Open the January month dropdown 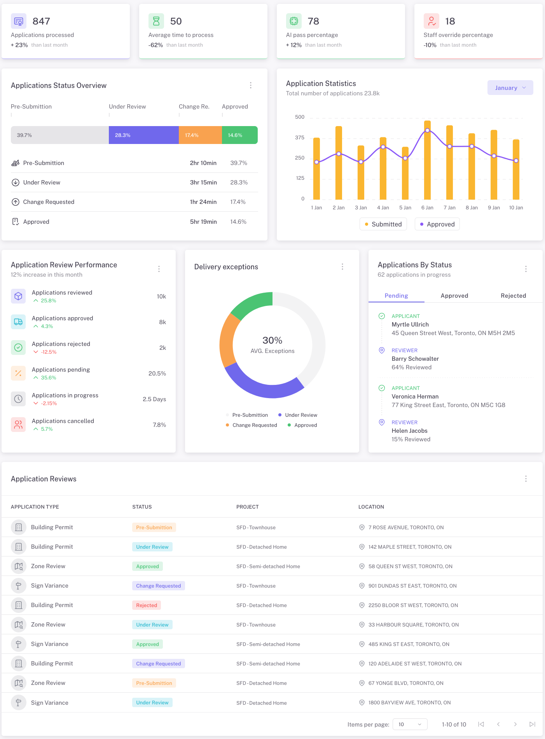click(x=510, y=88)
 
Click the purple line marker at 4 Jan click(x=383, y=147)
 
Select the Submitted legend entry click(x=383, y=224)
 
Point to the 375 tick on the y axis click(x=300, y=138)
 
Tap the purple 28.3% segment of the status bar click(x=143, y=135)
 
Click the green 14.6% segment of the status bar click(x=239, y=135)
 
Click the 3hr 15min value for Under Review click(x=203, y=183)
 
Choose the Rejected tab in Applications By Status click(x=513, y=296)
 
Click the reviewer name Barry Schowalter click(x=415, y=359)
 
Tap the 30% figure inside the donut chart click(x=272, y=341)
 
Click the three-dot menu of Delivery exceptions click(x=342, y=267)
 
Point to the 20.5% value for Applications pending click(x=157, y=374)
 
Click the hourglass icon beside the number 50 click(x=156, y=21)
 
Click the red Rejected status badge click(x=147, y=605)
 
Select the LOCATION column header click(x=371, y=507)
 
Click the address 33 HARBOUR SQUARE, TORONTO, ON click(x=413, y=625)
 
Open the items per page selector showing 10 click(x=410, y=724)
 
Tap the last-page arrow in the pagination click(x=532, y=724)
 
